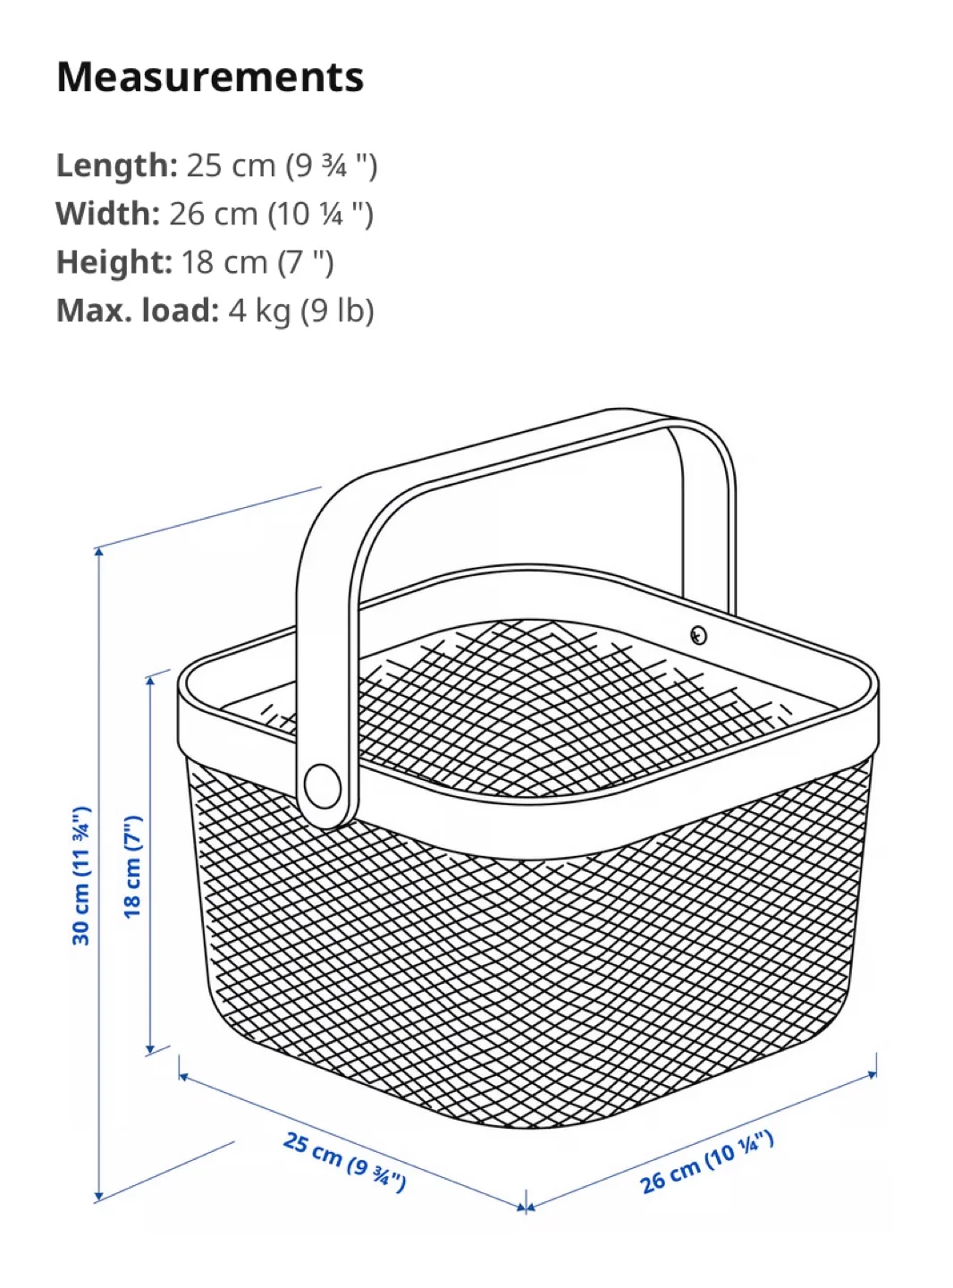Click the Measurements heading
pyautogui.click(x=210, y=77)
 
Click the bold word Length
pyautogui.click(x=117, y=165)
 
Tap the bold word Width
pyautogui.click(x=107, y=214)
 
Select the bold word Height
pyautogui.click(x=114, y=262)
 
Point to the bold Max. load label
pyautogui.click(x=137, y=310)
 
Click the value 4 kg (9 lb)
pyautogui.click(x=301, y=310)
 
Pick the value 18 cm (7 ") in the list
pyautogui.click(x=257, y=262)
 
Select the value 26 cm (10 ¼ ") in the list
pyautogui.click(x=271, y=214)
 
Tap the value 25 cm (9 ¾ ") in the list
pyautogui.click(x=282, y=165)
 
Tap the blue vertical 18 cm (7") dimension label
pyautogui.click(x=132, y=866)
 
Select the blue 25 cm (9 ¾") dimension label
pyautogui.click(x=345, y=1161)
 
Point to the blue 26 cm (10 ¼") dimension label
pyautogui.click(x=706, y=1162)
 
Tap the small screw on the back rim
pyautogui.click(x=699, y=635)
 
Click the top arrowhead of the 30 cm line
pyautogui.click(x=99, y=552)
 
